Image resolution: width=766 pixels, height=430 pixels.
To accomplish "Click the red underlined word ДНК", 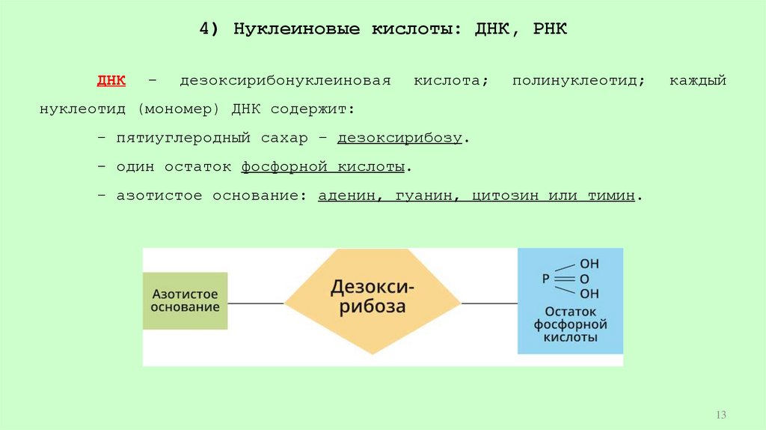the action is click(111, 80).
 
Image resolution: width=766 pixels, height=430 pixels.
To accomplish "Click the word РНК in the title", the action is click(551, 29).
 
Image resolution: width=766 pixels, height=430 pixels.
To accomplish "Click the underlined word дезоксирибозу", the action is click(399, 139).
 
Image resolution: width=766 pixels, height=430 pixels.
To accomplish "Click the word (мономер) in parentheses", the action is click(178, 109).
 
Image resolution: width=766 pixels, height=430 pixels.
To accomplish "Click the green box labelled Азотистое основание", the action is click(186, 300).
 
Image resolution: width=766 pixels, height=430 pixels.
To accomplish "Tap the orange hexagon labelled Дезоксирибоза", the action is click(373, 297).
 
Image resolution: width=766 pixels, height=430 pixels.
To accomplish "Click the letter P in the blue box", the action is click(546, 278).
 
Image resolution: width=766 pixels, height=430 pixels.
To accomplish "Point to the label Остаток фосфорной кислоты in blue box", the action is click(570, 324).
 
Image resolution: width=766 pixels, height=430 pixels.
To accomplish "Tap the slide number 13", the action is click(721, 415).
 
